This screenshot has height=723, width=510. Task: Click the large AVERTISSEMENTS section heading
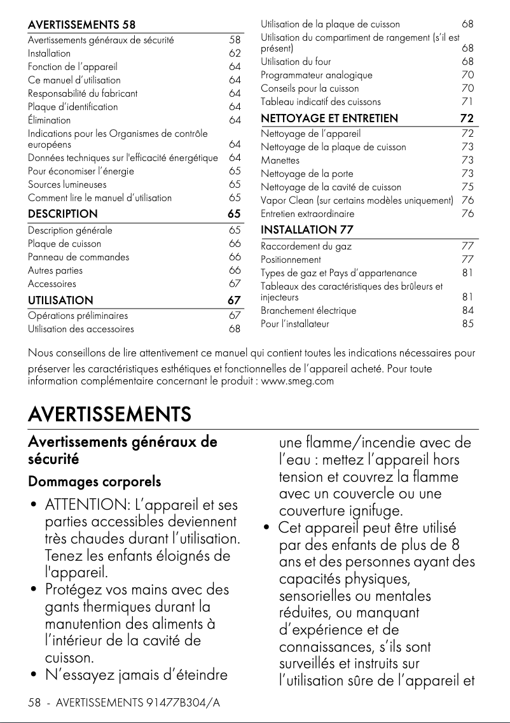109,415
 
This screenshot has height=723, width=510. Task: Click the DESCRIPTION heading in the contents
62,214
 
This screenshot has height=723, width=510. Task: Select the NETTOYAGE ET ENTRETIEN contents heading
329,118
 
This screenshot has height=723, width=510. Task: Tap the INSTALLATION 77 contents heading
307,229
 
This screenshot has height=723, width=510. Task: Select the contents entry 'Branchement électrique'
308,311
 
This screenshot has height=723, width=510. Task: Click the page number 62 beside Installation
235,53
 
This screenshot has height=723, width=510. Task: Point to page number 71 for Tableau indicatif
467,102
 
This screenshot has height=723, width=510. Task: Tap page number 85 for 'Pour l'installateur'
467,324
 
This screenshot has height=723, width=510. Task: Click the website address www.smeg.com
298,382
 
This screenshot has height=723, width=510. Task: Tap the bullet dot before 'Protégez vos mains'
32,590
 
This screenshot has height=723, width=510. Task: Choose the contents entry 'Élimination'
49,120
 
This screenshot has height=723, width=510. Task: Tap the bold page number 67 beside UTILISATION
234,300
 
